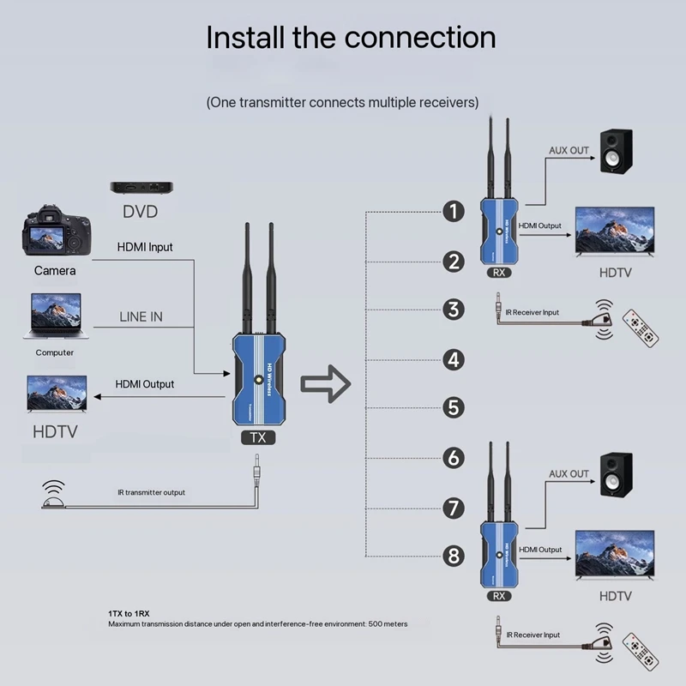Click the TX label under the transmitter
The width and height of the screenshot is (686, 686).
pyautogui.click(x=258, y=437)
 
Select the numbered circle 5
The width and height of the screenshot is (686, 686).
pyautogui.click(x=454, y=407)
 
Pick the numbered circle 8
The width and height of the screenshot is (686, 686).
pyautogui.click(x=454, y=557)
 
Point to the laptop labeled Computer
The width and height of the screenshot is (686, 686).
pyautogui.click(x=55, y=315)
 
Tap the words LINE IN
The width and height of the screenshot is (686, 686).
pyautogui.click(x=141, y=316)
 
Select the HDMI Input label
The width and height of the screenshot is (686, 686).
pyautogui.click(x=145, y=247)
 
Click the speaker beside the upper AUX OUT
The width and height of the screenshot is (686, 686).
pyautogui.click(x=616, y=153)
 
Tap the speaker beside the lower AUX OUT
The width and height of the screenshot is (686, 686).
pyautogui.click(x=616, y=475)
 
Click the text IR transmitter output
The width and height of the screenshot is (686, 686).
pyautogui.click(x=151, y=492)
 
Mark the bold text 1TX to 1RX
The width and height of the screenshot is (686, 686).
pyautogui.click(x=129, y=613)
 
